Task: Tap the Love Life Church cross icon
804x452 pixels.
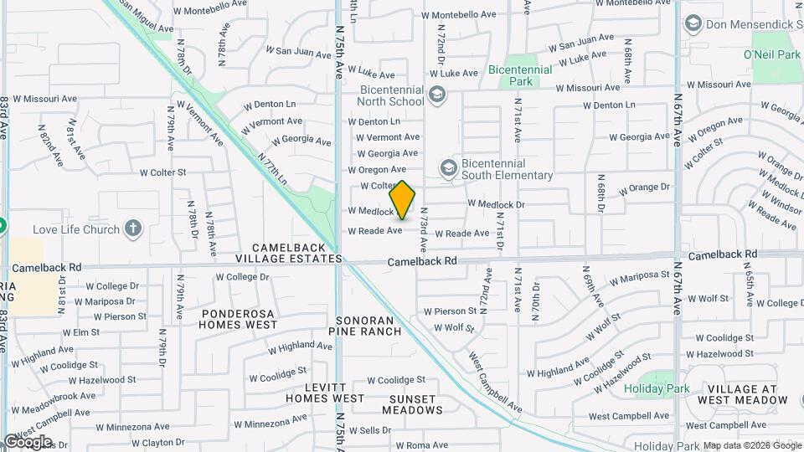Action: [132, 228]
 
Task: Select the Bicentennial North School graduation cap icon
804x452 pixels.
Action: [435, 95]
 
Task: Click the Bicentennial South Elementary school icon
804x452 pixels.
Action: [449, 169]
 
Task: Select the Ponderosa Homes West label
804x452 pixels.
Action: [239, 318]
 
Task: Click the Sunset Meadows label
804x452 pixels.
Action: [412, 404]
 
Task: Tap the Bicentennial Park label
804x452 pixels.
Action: [521, 75]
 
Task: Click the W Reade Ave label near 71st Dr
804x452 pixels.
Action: [461, 234]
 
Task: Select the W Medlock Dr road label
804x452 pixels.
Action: [496, 203]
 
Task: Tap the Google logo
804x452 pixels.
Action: [27, 441]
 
